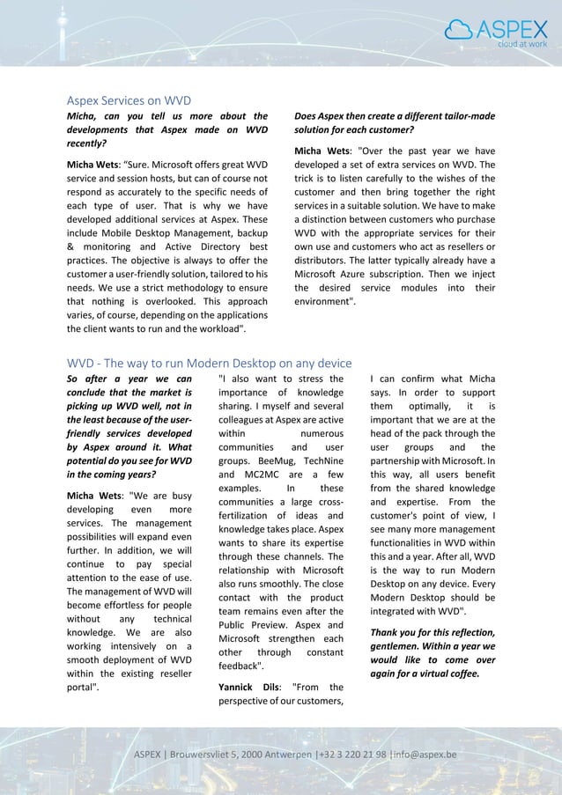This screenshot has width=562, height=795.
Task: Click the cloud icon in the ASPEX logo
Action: [459, 31]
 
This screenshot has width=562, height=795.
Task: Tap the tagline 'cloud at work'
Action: [522, 43]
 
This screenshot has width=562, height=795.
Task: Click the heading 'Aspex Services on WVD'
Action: [129, 100]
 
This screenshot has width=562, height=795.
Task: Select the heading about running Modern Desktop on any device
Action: [210, 363]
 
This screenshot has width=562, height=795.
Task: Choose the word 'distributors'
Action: [322, 260]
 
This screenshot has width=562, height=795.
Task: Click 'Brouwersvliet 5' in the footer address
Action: [210, 755]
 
